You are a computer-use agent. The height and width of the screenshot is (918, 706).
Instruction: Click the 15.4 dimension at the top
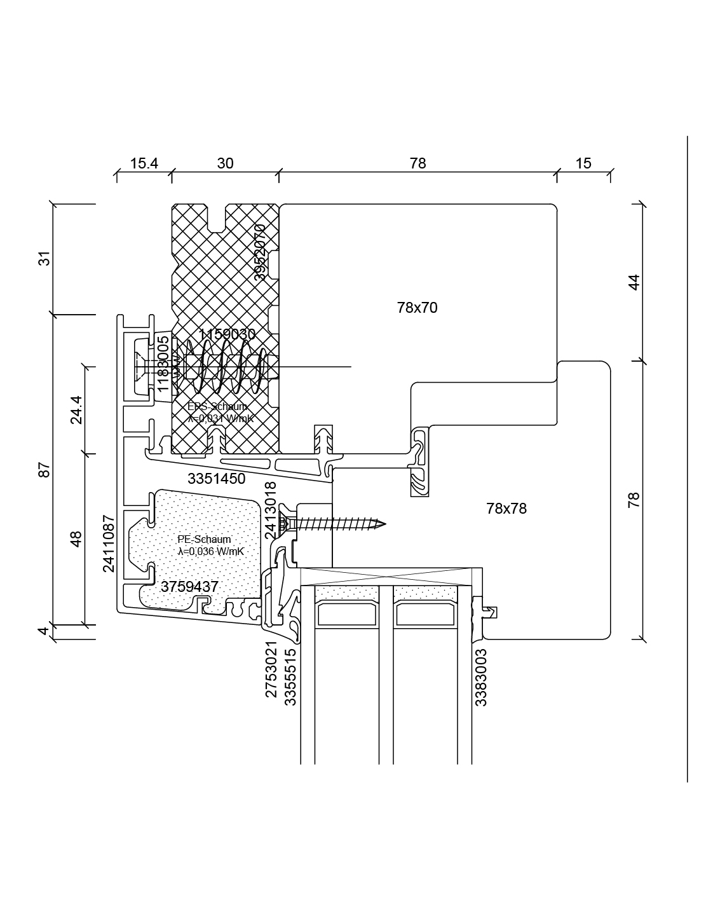[x=144, y=163]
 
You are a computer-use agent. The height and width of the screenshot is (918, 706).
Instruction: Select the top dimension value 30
[x=225, y=163]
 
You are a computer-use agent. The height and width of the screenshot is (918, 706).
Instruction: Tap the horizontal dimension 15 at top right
[x=583, y=163]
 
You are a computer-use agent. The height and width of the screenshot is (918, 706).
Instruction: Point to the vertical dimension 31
[x=44, y=259]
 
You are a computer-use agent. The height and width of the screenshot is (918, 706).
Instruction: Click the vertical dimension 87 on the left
[x=44, y=470]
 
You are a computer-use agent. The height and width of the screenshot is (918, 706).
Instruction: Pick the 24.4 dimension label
[x=76, y=409]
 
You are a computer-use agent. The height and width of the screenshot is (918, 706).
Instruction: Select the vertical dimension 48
[x=76, y=538]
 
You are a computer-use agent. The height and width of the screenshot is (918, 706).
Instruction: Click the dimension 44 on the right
[x=634, y=282]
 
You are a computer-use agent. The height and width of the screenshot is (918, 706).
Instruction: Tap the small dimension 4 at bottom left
[x=43, y=631]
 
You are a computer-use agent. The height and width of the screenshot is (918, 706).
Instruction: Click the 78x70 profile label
[x=417, y=308]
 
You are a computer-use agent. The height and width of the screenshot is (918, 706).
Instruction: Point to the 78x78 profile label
[x=506, y=509]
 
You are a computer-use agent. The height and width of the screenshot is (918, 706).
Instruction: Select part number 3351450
[x=216, y=479]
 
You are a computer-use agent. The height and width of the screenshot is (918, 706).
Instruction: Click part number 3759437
[x=189, y=587]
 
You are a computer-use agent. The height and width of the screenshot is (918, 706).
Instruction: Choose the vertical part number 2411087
[x=109, y=544]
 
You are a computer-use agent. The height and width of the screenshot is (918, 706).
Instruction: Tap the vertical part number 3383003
[x=481, y=677]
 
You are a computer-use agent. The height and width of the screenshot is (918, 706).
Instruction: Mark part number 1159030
[x=227, y=334]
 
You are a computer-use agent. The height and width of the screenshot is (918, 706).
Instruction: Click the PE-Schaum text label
[x=204, y=540]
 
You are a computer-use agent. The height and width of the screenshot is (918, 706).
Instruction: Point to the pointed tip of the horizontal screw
[x=384, y=524]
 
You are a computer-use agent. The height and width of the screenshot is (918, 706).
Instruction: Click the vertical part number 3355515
[x=290, y=677]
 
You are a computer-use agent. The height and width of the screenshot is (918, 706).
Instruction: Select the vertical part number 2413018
[x=271, y=510]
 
